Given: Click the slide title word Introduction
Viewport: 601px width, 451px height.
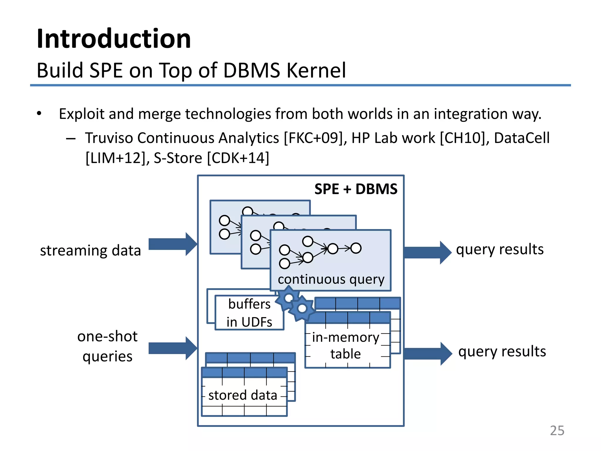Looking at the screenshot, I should pyautogui.click(x=114, y=39).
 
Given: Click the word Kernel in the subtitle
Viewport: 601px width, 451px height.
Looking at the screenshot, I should pyautogui.click(x=316, y=70).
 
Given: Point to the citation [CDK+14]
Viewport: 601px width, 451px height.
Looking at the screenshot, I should pyautogui.click(x=238, y=158).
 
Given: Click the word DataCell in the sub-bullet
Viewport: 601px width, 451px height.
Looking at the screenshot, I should pyautogui.click(x=521, y=138).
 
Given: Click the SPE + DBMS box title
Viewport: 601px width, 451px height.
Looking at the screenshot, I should pyautogui.click(x=356, y=189).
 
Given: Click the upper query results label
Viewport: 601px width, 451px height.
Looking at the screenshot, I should pyautogui.click(x=499, y=250).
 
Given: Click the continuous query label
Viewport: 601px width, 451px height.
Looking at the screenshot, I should pyautogui.click(x=331, y=279).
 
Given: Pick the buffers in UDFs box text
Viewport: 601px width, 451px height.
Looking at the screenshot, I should pyautogui.click(x=249, y=313).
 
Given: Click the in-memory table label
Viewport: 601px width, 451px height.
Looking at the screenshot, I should pyautogui.click(x=346, y=346).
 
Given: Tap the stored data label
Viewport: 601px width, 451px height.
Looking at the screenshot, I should pyautogui.click(x=243, y=395).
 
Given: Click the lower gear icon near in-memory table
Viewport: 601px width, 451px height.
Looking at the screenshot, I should pyautogui.click(x=302, y=309).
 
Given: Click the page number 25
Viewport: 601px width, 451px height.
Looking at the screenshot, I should pyautogui.click(x=557, y=431).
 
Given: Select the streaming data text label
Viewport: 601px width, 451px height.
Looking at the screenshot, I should pyautogui.click(x=90, y=250).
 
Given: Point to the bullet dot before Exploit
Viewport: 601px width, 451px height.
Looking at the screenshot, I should pyautogui.click(x=39, y=114).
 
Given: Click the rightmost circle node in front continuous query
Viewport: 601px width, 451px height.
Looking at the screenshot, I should pyautogui.click(x=356, y=248).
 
